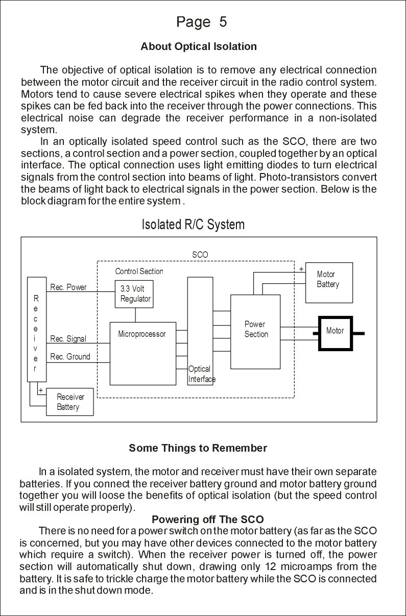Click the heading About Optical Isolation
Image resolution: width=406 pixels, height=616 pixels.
(199, 46)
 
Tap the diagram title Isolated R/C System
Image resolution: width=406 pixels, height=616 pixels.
(193, 225)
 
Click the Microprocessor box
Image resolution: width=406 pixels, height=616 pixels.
(142, 353)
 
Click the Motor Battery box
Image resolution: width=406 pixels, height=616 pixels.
(328, 279)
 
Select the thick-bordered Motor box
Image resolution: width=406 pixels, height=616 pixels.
(335, 333)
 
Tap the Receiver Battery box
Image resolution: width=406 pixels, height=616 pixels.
(70, 402)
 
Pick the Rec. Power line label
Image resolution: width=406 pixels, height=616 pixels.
(68, 287)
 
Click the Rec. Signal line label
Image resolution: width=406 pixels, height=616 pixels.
(68, 339)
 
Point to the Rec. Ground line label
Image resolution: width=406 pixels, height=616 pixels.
(70, 357)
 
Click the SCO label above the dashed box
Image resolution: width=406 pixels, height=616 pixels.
(200, 254)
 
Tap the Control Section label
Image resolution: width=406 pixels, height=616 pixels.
(139, 272)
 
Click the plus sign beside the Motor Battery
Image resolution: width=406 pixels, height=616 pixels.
(301, 268)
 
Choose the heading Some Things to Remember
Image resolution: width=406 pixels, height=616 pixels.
(198, 448)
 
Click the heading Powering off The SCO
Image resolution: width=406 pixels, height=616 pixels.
(208, 520)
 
